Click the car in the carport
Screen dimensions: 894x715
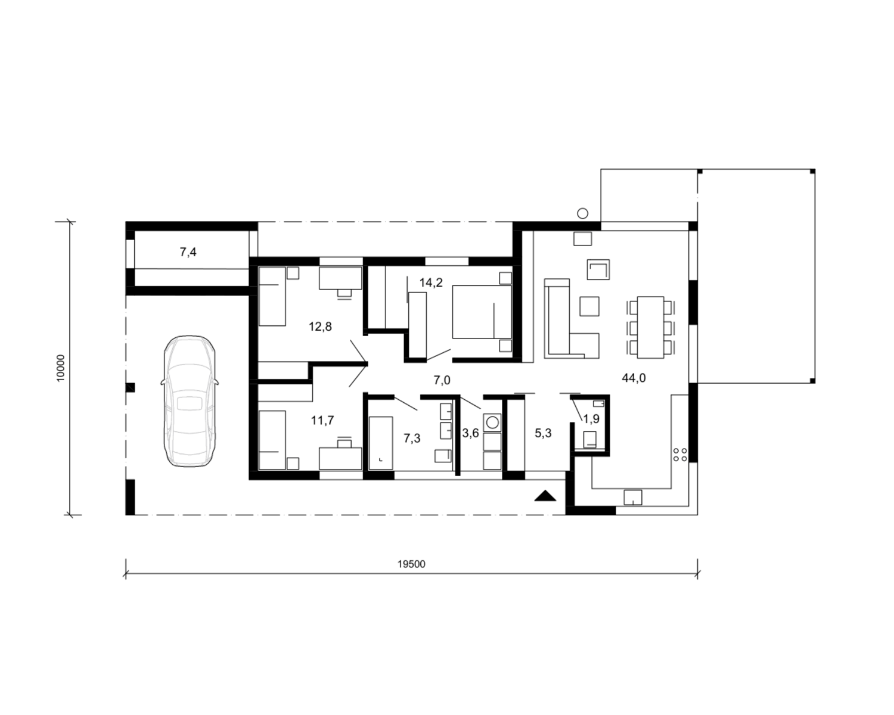tap(190, 402)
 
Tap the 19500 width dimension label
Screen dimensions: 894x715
tap(411, 564)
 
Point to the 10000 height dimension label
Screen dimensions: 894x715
tap(61, 368)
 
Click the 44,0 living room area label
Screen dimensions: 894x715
tap(634, 378)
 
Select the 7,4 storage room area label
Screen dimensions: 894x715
tap(188, 252)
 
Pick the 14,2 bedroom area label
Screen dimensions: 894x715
tap(431, 282)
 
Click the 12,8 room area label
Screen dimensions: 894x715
tap(320, 327)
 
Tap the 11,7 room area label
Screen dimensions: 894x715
tap(322, 421)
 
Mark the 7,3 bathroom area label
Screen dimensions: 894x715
tap(412, 438)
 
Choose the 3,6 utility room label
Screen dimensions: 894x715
tap(471, 433)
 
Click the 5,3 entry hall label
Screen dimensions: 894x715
tap(543, 433)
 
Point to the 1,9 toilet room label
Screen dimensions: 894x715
tap(592, 419)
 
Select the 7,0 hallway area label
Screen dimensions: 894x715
tap(442, 380)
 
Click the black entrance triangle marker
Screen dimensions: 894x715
tap(545, 496)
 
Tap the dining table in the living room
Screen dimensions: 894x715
tap(651, 327)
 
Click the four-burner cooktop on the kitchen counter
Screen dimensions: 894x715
tap(680, 455)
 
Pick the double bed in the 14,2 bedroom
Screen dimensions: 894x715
tap(482, 312)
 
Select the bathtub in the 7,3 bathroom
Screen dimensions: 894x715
tap(381, 443)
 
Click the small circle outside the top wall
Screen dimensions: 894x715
tap(583, 213)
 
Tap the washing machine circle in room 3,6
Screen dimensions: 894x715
tap(492, 422)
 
